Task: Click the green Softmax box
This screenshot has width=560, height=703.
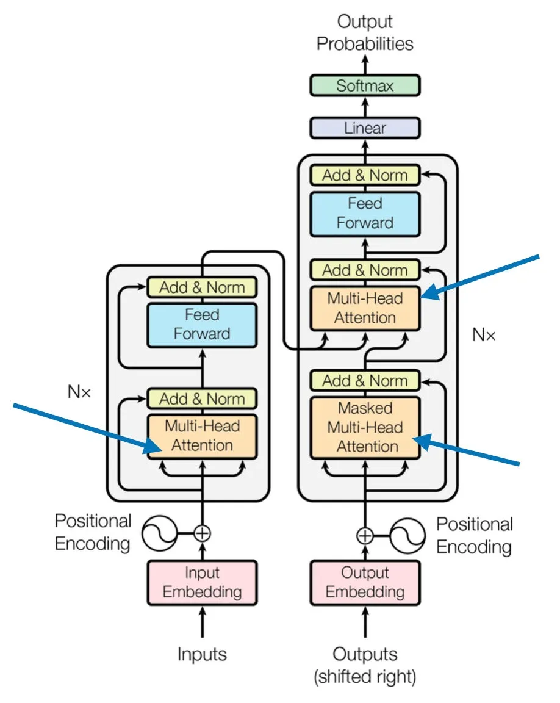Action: coord(365,85)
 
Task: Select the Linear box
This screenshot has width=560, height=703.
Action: coord(365,128)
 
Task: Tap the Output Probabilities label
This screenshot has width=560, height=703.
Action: coord(365,33)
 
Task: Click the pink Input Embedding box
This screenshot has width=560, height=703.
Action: coord(202,582)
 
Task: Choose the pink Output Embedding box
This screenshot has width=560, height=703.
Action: coord(365,582)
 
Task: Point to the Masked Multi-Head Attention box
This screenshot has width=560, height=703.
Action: coord(365,428)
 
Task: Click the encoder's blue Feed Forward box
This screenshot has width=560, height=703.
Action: coord(202,324)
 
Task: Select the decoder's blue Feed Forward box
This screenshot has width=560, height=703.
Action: coord(365,212)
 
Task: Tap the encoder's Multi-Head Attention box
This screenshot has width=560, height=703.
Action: coord(202,436)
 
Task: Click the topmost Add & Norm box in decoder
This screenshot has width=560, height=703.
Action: coord(365,175)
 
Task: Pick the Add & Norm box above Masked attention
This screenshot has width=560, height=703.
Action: coord(365,381)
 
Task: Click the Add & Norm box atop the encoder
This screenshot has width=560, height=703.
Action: coord(202,287)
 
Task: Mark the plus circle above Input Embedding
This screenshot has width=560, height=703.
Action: coord(202,533)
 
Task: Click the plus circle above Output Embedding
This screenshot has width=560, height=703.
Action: coord(365,536)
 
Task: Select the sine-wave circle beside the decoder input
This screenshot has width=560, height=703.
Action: coord(407,536)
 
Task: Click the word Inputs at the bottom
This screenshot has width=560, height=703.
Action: coord(202,655)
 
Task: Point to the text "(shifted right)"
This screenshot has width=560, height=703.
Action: coord(365,677)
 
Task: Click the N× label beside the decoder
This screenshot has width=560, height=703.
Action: coord(484,334)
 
